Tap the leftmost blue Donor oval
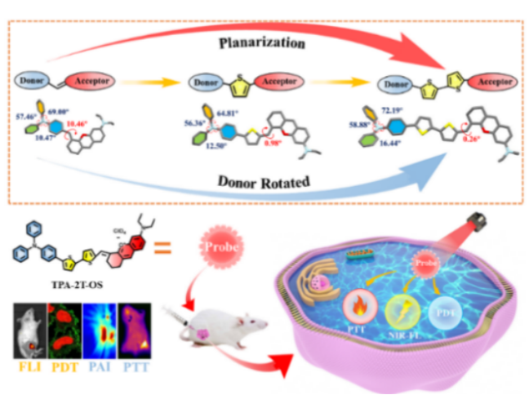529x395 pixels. coord(33,80)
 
